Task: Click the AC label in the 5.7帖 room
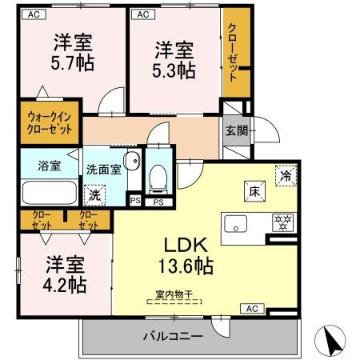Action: [34, 14]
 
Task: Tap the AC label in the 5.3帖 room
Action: [143, 14]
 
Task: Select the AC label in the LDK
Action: [252, 309]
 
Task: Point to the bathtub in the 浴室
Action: [50, 192]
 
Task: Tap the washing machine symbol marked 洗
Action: [94, 195]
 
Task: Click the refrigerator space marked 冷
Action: [286, 175]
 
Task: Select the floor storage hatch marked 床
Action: [254, 191]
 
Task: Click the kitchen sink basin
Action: [235, 224]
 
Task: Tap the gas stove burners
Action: [282, 222]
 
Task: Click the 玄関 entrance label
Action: [237, 131]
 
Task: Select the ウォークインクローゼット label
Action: [50, 123]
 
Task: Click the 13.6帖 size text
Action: [186, 266]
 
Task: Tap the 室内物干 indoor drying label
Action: [174, 294]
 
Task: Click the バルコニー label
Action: [173, 336]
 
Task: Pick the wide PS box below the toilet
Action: [158, 202]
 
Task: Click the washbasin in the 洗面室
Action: [133, 161]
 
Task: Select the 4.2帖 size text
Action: [65, 285]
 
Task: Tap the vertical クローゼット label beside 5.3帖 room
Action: [233, 52]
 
